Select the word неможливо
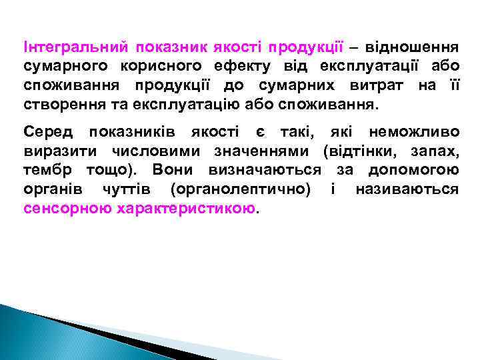click(x=413, y=132)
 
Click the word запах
click(x=435, y=151)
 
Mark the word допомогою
click(x=414, y=169)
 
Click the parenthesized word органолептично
click(x=240, y=189)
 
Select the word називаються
click(x=407, y=189)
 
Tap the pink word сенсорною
click(x=67, y=207)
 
